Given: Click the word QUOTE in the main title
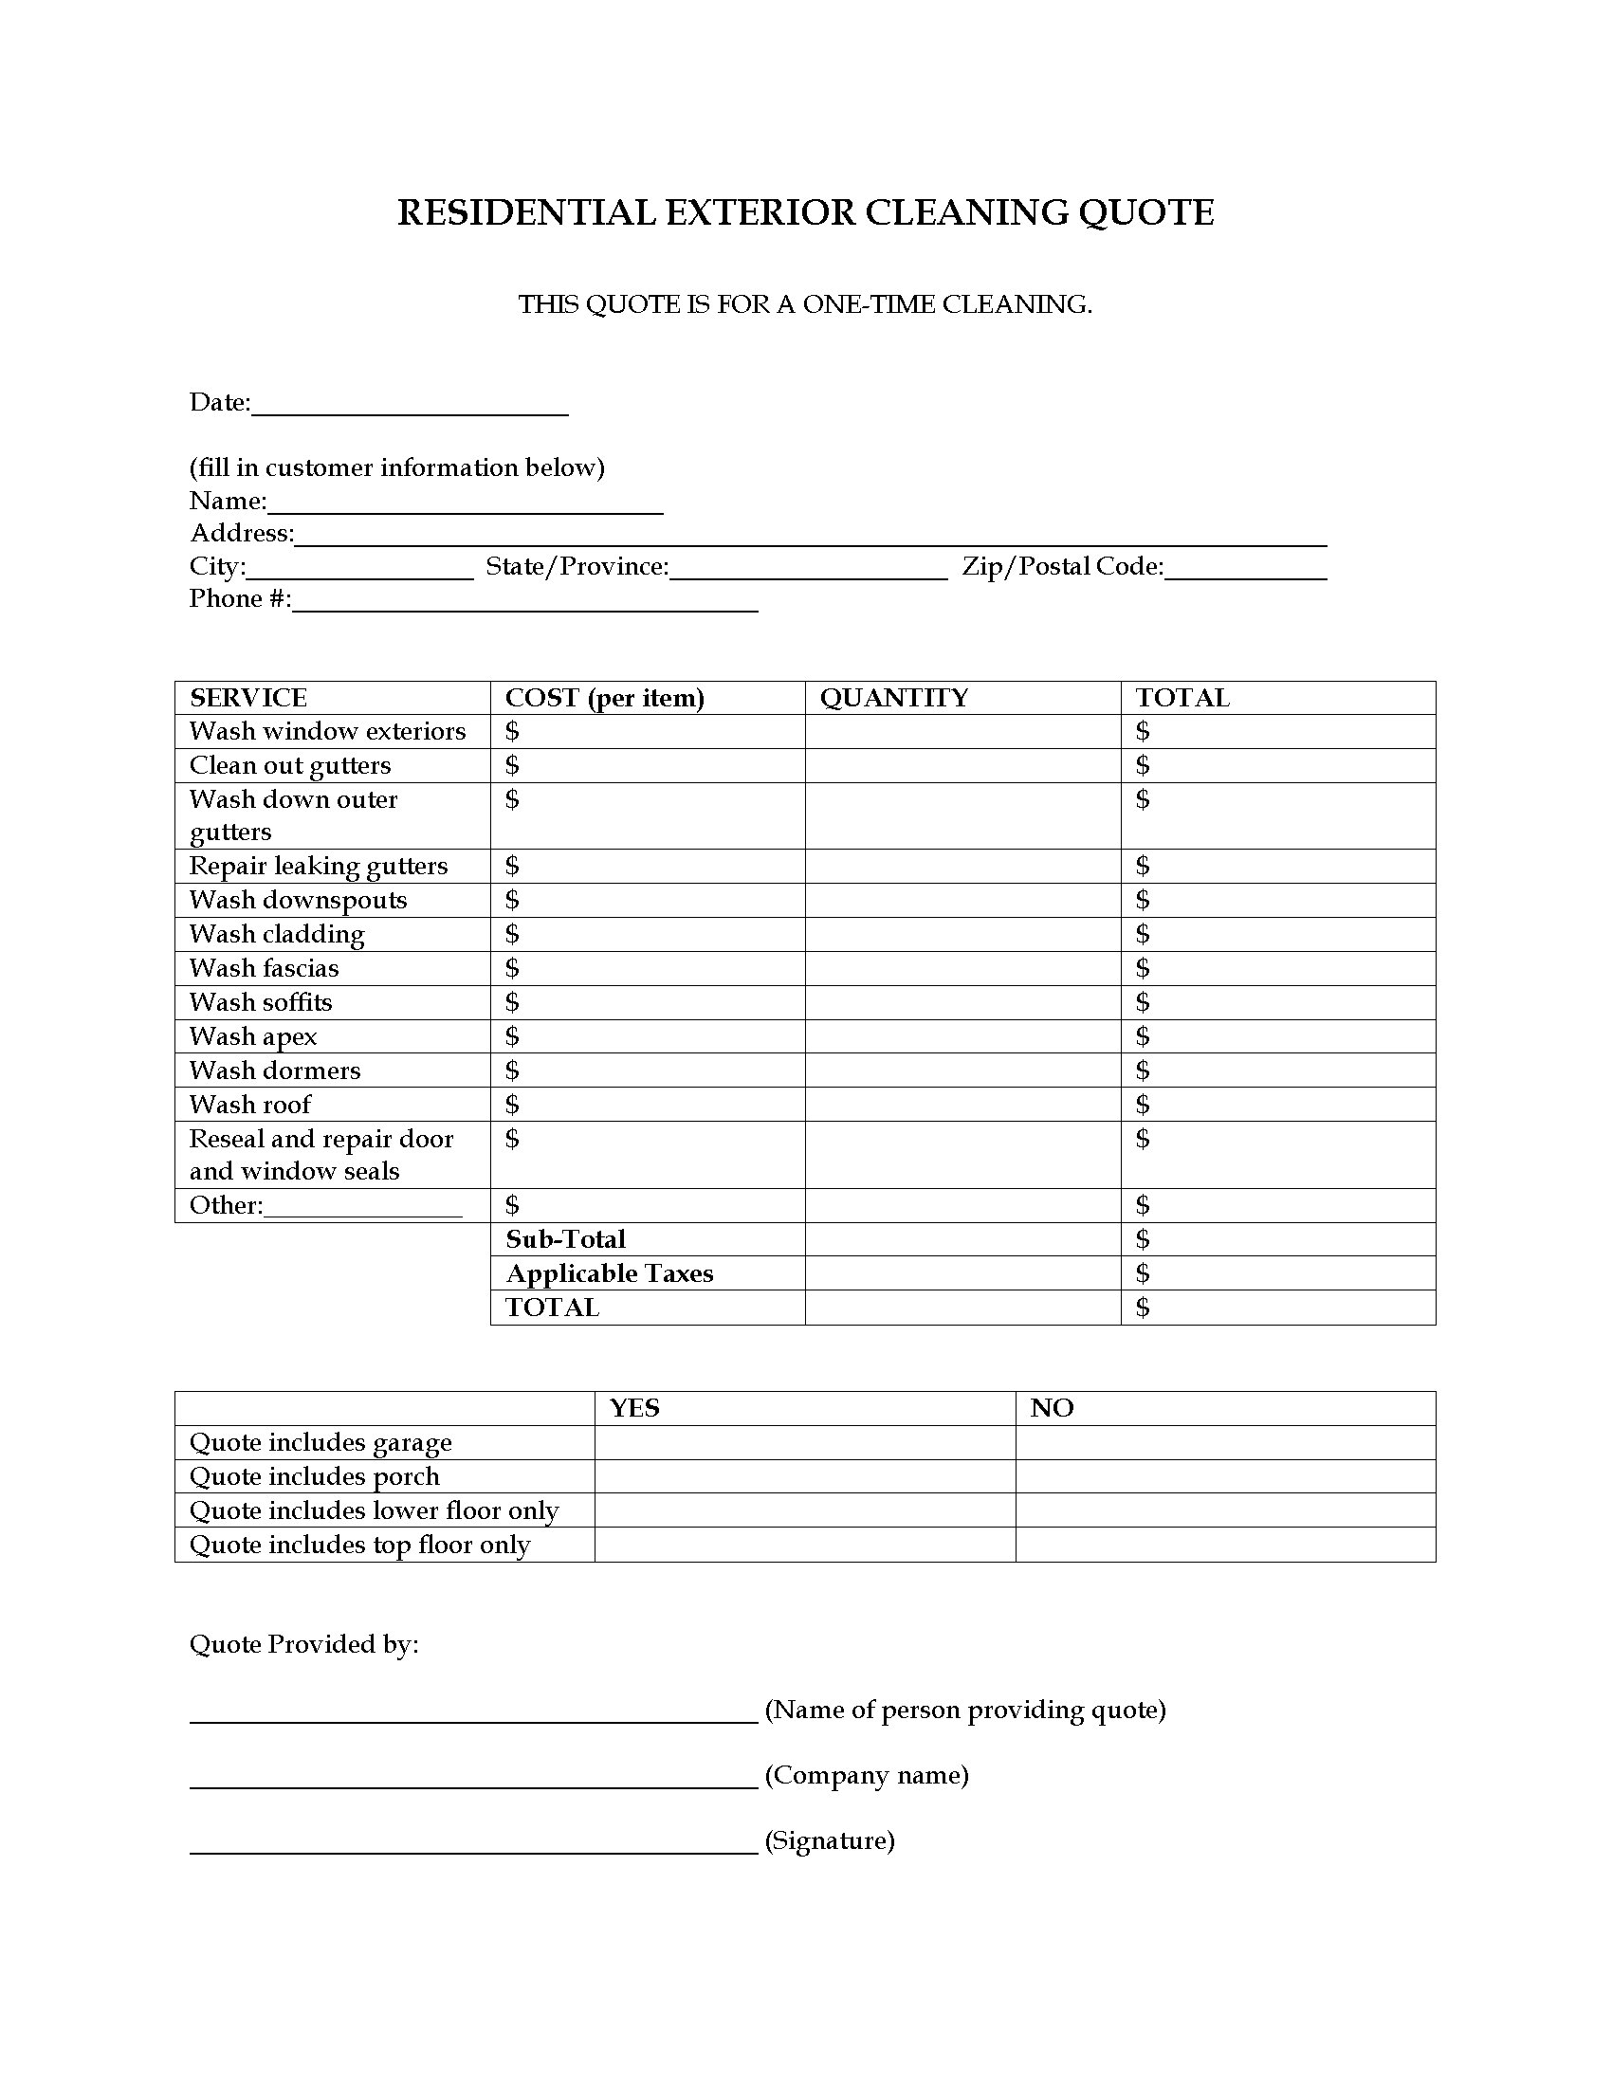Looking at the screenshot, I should click(x=1146, y=212).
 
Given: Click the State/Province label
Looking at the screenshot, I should click(x=577, y=566).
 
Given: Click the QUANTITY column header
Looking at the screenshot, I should click(x=894, y=698).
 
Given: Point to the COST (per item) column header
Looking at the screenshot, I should click(x=605, y=698).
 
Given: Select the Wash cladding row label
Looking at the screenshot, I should click(x=277, y=934).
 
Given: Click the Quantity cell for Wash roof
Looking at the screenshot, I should click(x=962, y=1104).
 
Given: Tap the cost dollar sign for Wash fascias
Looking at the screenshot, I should click(x=512, y=968).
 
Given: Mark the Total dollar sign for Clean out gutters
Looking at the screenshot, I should click(x=1143, y=765).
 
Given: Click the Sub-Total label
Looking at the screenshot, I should click(x=565, y=1240).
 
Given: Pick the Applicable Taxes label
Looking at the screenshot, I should click(x=610, y=1274).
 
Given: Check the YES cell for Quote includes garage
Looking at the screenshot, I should click(x=804, y=1442).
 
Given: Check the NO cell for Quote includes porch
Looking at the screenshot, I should click(x=1224, y=1476).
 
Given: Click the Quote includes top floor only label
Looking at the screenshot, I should click(x=359, y=1546).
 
